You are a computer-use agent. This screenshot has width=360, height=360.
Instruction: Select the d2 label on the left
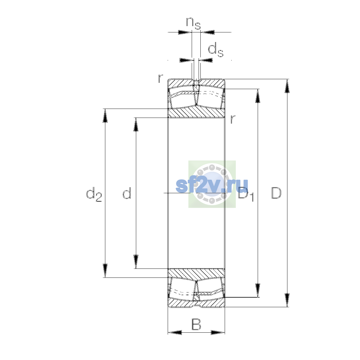(94, 194)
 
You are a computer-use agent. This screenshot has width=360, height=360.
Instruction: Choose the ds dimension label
(216, 49)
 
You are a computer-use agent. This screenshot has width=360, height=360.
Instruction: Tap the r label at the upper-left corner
(160, 78)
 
